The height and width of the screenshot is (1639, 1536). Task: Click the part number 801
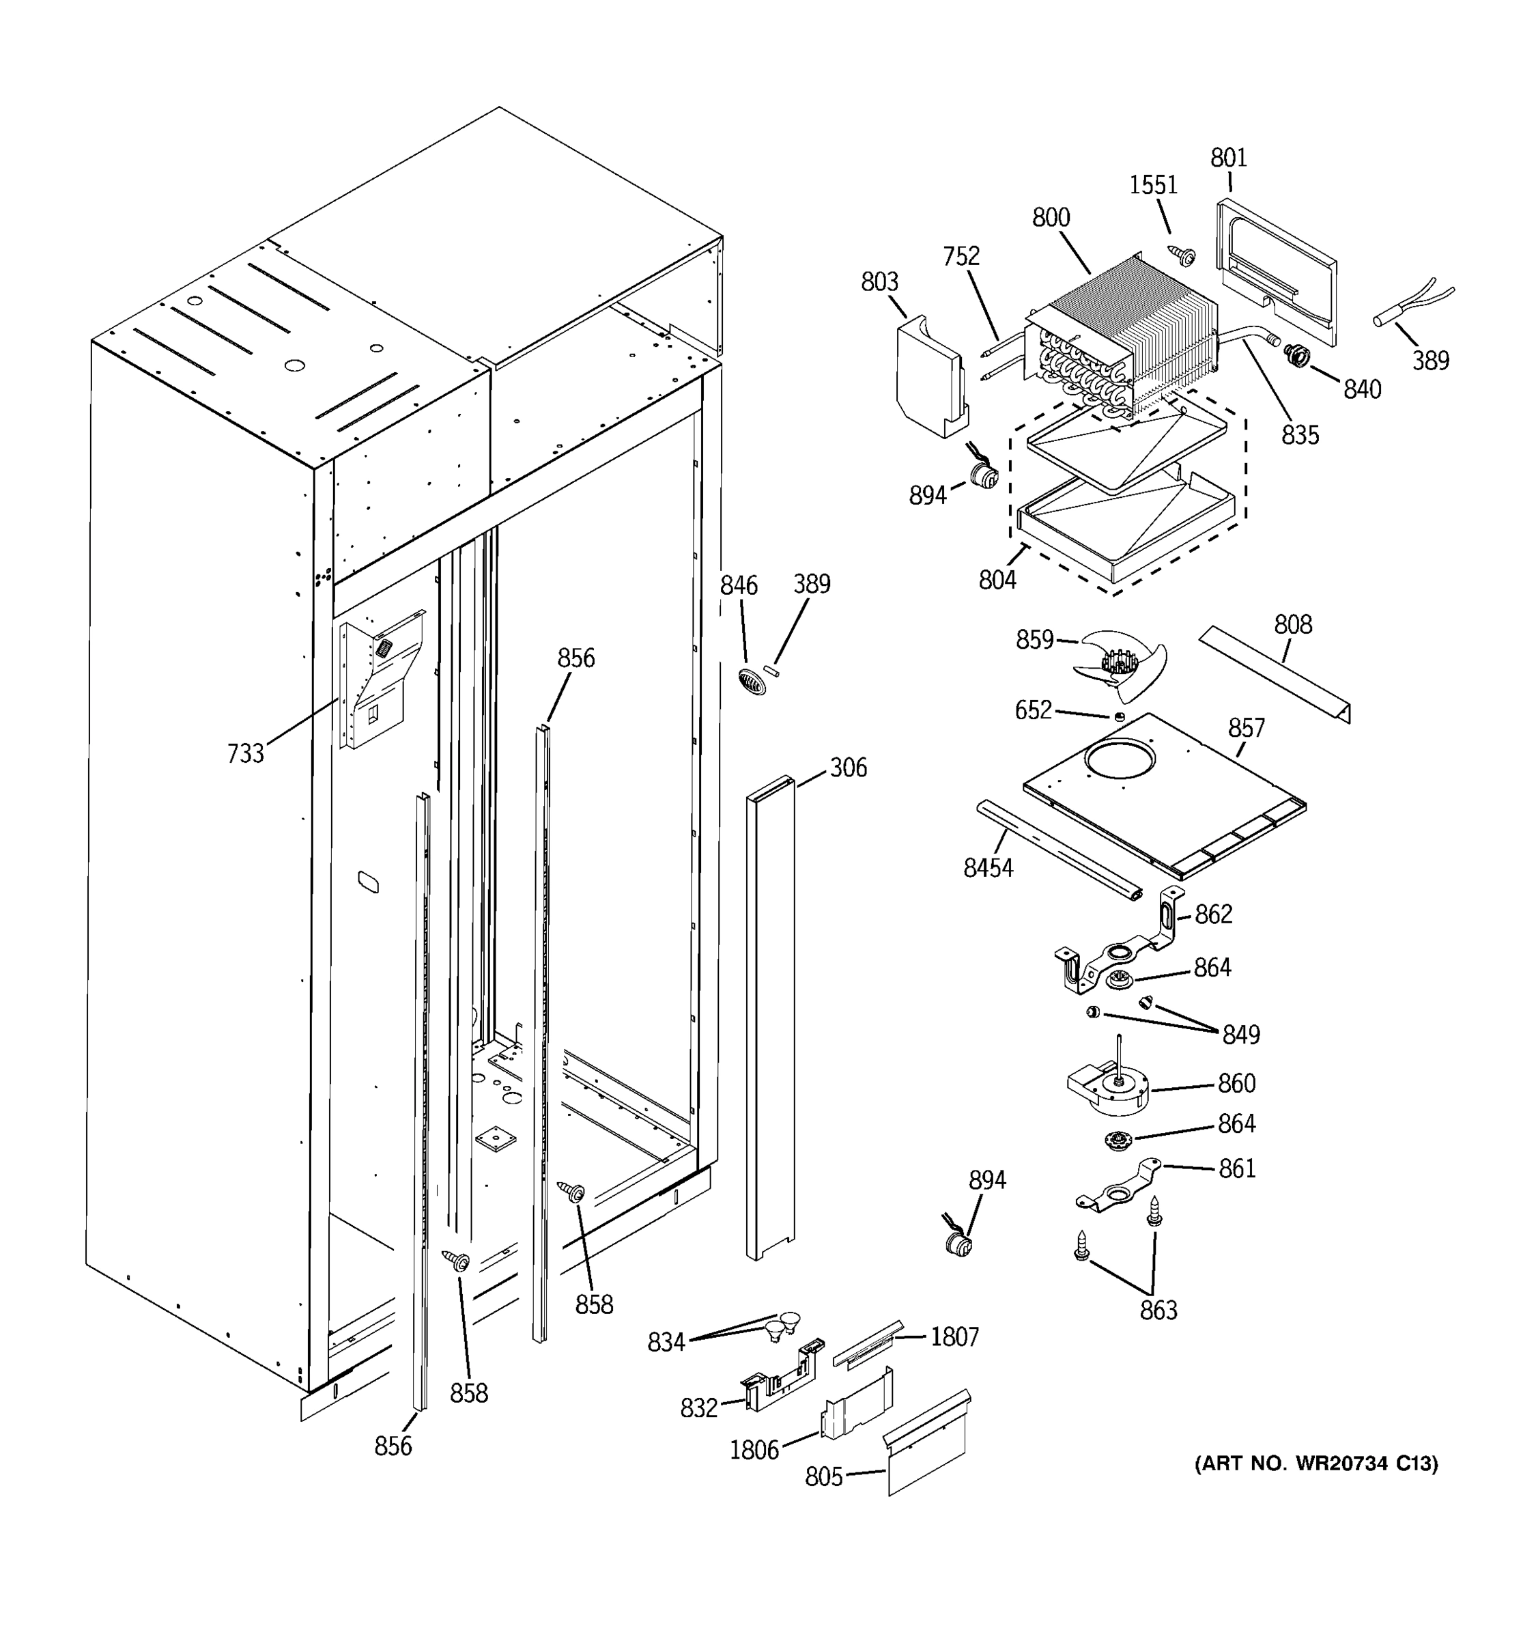coord(1228,158)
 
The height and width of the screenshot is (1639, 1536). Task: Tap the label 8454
coord(987,868)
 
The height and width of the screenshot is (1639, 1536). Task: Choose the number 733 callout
coord(245,753)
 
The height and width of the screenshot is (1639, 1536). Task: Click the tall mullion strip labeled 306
coord(769,1018)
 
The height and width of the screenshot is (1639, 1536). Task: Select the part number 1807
coord(954,1337)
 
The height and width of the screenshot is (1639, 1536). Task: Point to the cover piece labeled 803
coord(928,379)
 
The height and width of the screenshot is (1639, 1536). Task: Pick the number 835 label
coord(1300,435)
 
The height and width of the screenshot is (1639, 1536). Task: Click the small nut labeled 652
coord(1119,716)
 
